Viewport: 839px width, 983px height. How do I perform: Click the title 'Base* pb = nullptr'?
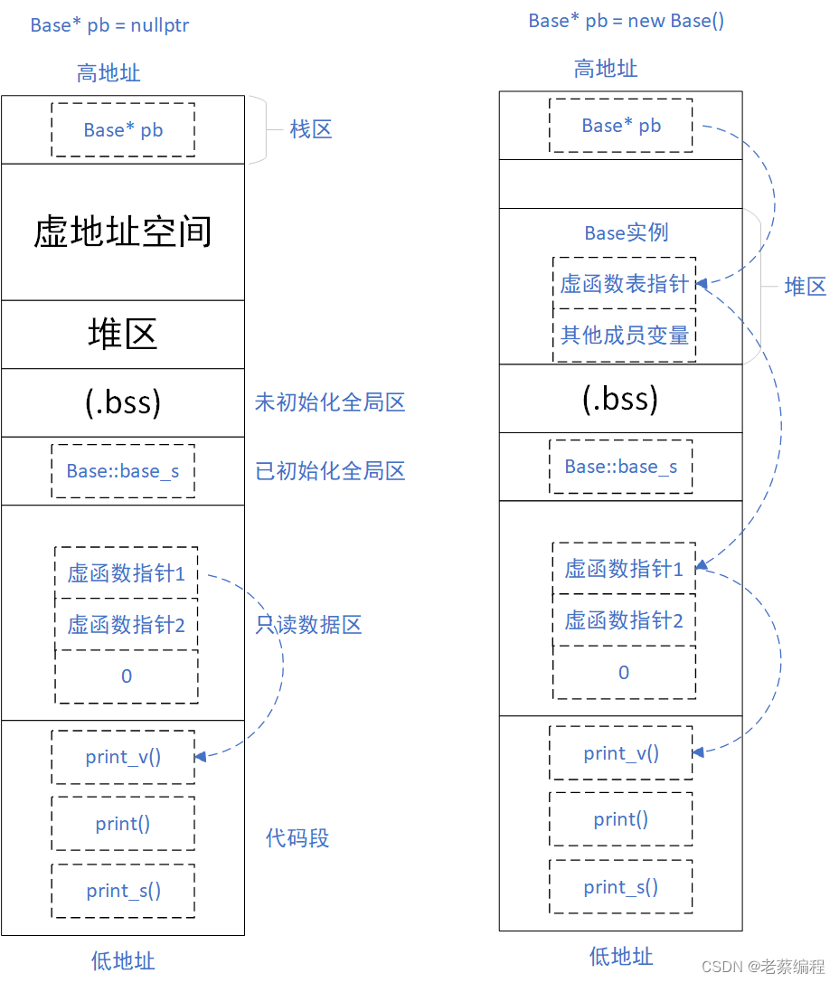tap(109, 25)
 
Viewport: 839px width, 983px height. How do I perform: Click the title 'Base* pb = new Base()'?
tap(626, 21)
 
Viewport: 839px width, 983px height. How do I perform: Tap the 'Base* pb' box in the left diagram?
tap(123, 130)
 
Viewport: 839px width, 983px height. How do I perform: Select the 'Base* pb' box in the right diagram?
tap(621, 126)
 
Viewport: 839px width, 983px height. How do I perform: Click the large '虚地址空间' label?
tap(123, 232)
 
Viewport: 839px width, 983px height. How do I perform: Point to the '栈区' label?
tap(311, 130)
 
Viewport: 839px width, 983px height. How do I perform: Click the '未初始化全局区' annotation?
tap(330, 402)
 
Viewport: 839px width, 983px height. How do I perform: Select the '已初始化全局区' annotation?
tap(330, 471)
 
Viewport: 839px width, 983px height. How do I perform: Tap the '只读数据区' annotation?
tap(309, 624)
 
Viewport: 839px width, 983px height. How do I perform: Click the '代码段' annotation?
tap(297, 837)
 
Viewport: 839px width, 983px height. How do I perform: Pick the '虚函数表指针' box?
tap(624, 283)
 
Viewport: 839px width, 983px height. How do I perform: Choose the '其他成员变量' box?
tap(624, 336)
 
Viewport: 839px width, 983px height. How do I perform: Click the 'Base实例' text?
tap(626, 232)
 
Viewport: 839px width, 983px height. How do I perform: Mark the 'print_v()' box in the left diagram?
tap(123, 757)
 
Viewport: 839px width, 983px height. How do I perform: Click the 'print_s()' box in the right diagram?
tap(621, 887)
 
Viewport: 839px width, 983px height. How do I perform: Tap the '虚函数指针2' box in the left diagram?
tap(127, 625)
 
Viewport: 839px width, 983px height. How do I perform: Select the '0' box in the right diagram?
tap(624, 673)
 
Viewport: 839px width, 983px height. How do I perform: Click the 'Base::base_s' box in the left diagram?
tap(123, 471)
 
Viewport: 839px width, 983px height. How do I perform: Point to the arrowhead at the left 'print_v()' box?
tap(200, 757)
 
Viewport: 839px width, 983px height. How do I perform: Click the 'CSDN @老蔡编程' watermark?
tap(763, 966)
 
